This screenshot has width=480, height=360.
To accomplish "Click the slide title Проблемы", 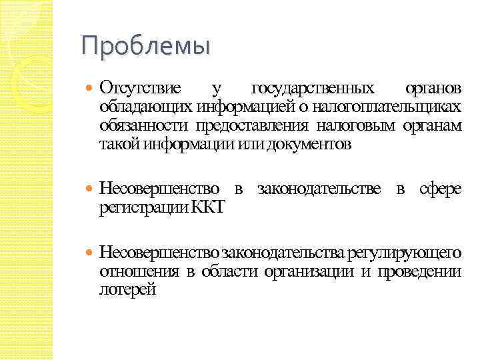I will point(145,46).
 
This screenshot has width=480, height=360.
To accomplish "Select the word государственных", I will point(313,88).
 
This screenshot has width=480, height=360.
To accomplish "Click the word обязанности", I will point(143,125).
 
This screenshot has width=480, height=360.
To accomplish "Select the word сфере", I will point(440,189).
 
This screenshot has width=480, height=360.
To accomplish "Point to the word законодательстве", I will point(319,189).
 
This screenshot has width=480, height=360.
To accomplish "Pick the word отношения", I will point(139,271).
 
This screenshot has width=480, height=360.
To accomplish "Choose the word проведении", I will point(419,271).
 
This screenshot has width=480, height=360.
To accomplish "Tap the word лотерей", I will point(127,289).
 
